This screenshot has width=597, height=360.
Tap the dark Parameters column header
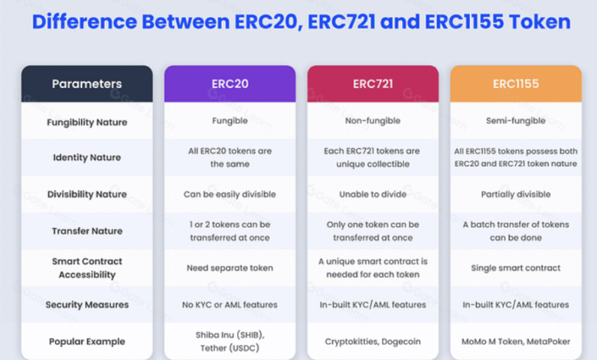point(86,83)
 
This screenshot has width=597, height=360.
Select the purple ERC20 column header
point(230,83)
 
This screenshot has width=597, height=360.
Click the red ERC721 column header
point(373,83)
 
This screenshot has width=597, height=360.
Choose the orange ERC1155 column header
point(516,83)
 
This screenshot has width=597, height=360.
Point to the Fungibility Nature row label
point(86,123)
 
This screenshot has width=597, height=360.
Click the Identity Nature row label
point(86,157)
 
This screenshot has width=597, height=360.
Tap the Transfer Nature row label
point(86,231)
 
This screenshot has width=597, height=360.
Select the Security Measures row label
point(86,305)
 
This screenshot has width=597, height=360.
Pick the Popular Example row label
point(86,342)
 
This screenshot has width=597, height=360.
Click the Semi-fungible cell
point(516,121)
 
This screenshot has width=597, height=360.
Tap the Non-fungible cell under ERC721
point(373,121)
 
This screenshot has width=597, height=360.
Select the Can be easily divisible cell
point(230,195)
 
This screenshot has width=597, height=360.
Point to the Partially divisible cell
point(516,195)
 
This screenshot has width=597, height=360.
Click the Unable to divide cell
point(373,195)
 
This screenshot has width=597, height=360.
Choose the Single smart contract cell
point(516,268)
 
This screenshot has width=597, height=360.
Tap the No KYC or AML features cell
point(230,305)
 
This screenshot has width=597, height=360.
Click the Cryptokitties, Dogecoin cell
point(373,342)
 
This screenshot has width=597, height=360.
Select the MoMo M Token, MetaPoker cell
point(516,342)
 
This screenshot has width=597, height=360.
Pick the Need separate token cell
point(230,268)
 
